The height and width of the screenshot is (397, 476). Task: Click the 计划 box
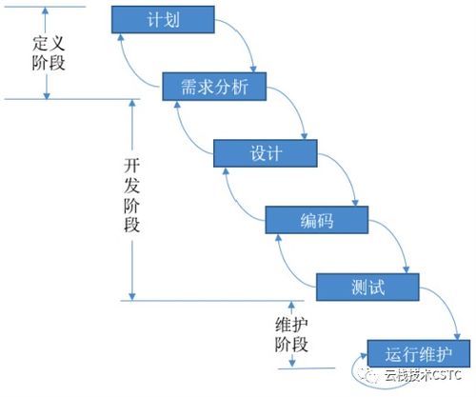[161, 20]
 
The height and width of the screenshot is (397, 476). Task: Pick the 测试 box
[367, 286]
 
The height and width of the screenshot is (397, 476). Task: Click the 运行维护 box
[416, 352]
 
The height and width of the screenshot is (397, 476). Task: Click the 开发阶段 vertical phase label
[108, 194]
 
